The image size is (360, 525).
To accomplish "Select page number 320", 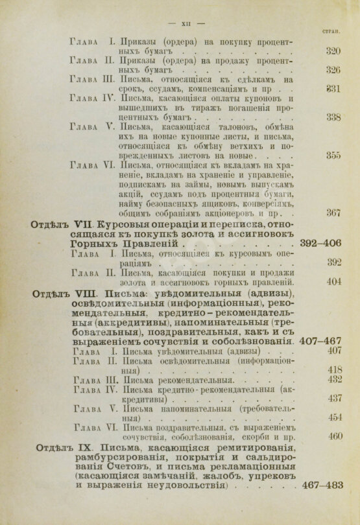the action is [x=333, y=51].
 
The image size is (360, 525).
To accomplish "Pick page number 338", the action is [x=333, y=117].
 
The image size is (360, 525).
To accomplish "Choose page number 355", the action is [x=333, y=155].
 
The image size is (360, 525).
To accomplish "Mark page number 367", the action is [x=333, y=213].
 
